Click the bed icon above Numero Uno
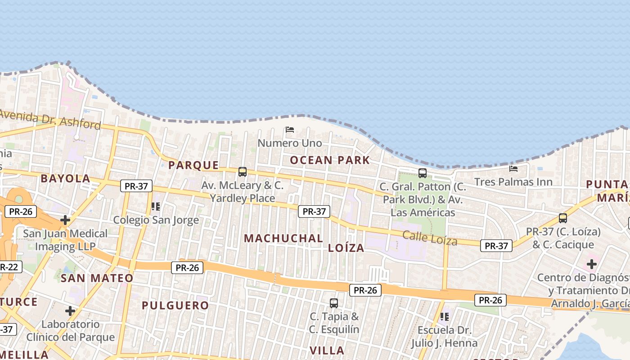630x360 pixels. point(290,130)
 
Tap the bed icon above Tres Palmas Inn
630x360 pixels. point(513,169)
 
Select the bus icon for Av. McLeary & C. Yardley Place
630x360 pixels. point(243,171)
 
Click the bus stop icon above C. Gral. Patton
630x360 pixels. point(422,173)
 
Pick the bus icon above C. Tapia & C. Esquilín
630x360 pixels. point(333,303)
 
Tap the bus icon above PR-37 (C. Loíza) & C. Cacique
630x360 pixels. point(562,218)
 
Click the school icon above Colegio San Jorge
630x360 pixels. point(156,207)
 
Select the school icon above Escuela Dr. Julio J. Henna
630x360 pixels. point(445,317)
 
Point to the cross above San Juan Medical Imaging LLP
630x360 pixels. point(65,220)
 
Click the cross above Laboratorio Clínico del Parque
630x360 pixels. point(70,311)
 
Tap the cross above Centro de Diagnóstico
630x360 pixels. point(591,264)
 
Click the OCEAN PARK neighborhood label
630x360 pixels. point(330,160)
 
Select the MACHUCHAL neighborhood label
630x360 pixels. point(283,238)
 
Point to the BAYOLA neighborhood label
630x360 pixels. point(66,178)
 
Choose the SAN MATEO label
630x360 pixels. point(97,278)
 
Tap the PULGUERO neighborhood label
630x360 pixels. point(175,306)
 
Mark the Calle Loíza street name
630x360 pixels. point(430,238)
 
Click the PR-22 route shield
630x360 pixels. point(9,267)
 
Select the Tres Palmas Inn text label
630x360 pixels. point(513,182)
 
